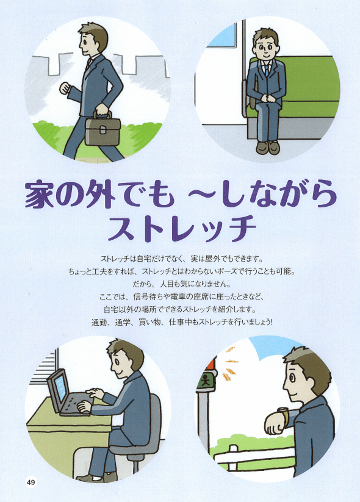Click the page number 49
pyautogui.click(x=31, y=482)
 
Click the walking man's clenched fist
pyautogui.click(x=65, y=88)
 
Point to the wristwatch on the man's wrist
pyautogui.click(x=284, y=415)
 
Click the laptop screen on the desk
pyautogui.click(x=60, y=389)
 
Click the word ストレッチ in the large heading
pyautogui.click(x=182, y=228)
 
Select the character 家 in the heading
pyautogui.click(x=39, y=195)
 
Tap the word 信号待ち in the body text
pyautogui.click(x=148, y=297)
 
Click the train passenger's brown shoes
pyautogui.click(x=268, y=148)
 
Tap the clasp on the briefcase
pyautogui.click(x=103, y=130)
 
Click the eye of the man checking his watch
pyautogui.click(x=292, y=377)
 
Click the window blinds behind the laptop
pyautogui.click(x=44, y=368)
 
